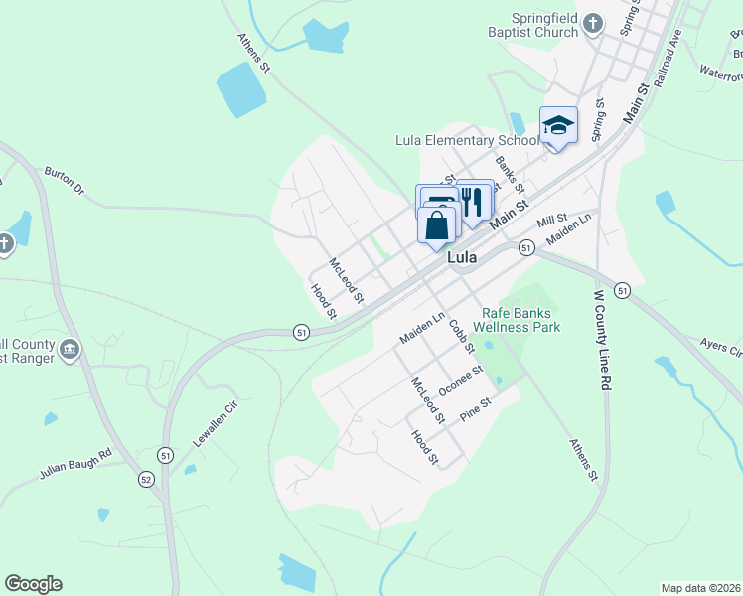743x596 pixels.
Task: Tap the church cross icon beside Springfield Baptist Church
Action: click(x=593, y=22)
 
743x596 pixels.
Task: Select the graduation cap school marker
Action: click(x=558, y=125)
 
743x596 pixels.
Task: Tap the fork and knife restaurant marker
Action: click(x=473, y=201)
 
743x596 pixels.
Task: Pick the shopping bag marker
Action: click(x=437, y=225)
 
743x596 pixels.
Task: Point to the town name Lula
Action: click(x=463, y=257)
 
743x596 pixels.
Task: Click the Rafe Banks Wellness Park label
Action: click(x=520, y=320)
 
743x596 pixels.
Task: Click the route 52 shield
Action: click(x=146, y=479)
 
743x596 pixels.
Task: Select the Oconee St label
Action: click(x=461, y=381)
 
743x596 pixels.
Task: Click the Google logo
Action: click(x=33, y=584)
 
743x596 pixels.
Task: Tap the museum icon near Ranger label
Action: click(x=70, y=349)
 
